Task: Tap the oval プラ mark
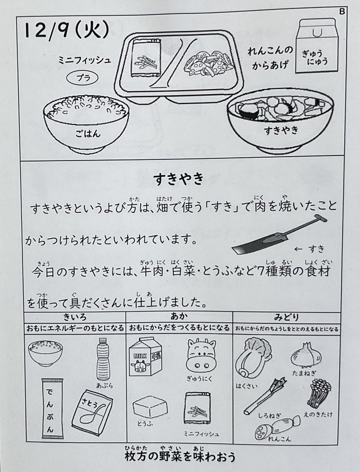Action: [82, 78]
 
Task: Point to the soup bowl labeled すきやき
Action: [280, 121]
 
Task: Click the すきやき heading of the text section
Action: [179, 179]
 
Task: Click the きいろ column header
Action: [75, 317]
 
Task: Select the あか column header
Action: [179, 317]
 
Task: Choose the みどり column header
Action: [286, 317]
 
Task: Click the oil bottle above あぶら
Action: [103, 359]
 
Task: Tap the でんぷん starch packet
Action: [52, 408]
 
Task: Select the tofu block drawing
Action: [150, 406]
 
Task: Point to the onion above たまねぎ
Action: [306, 355]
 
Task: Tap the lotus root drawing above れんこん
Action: [277, 426]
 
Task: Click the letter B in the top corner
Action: [342, 11]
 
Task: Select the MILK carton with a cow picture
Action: [146, 357]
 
